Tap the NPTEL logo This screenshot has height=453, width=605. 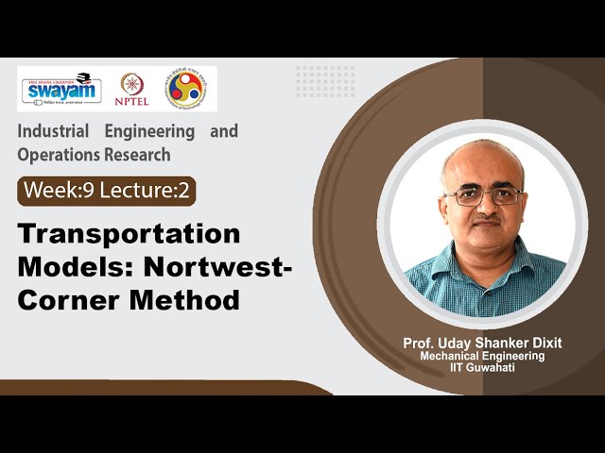[x=132, y=89]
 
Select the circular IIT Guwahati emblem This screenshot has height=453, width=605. [x=184, y=88]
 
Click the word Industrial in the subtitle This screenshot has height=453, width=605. [x=56, y=131]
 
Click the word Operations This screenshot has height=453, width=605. [x=56, y=154]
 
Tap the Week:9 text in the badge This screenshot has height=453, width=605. [x=59, y=190]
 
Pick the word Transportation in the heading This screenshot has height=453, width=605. [x=129, y=233]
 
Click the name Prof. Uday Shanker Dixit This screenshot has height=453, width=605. [x=482, y=342]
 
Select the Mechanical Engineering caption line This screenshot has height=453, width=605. [x=482, y=356]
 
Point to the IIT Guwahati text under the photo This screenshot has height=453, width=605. [x=482, y=368]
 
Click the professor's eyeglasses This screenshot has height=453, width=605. [x=482, y=195]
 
